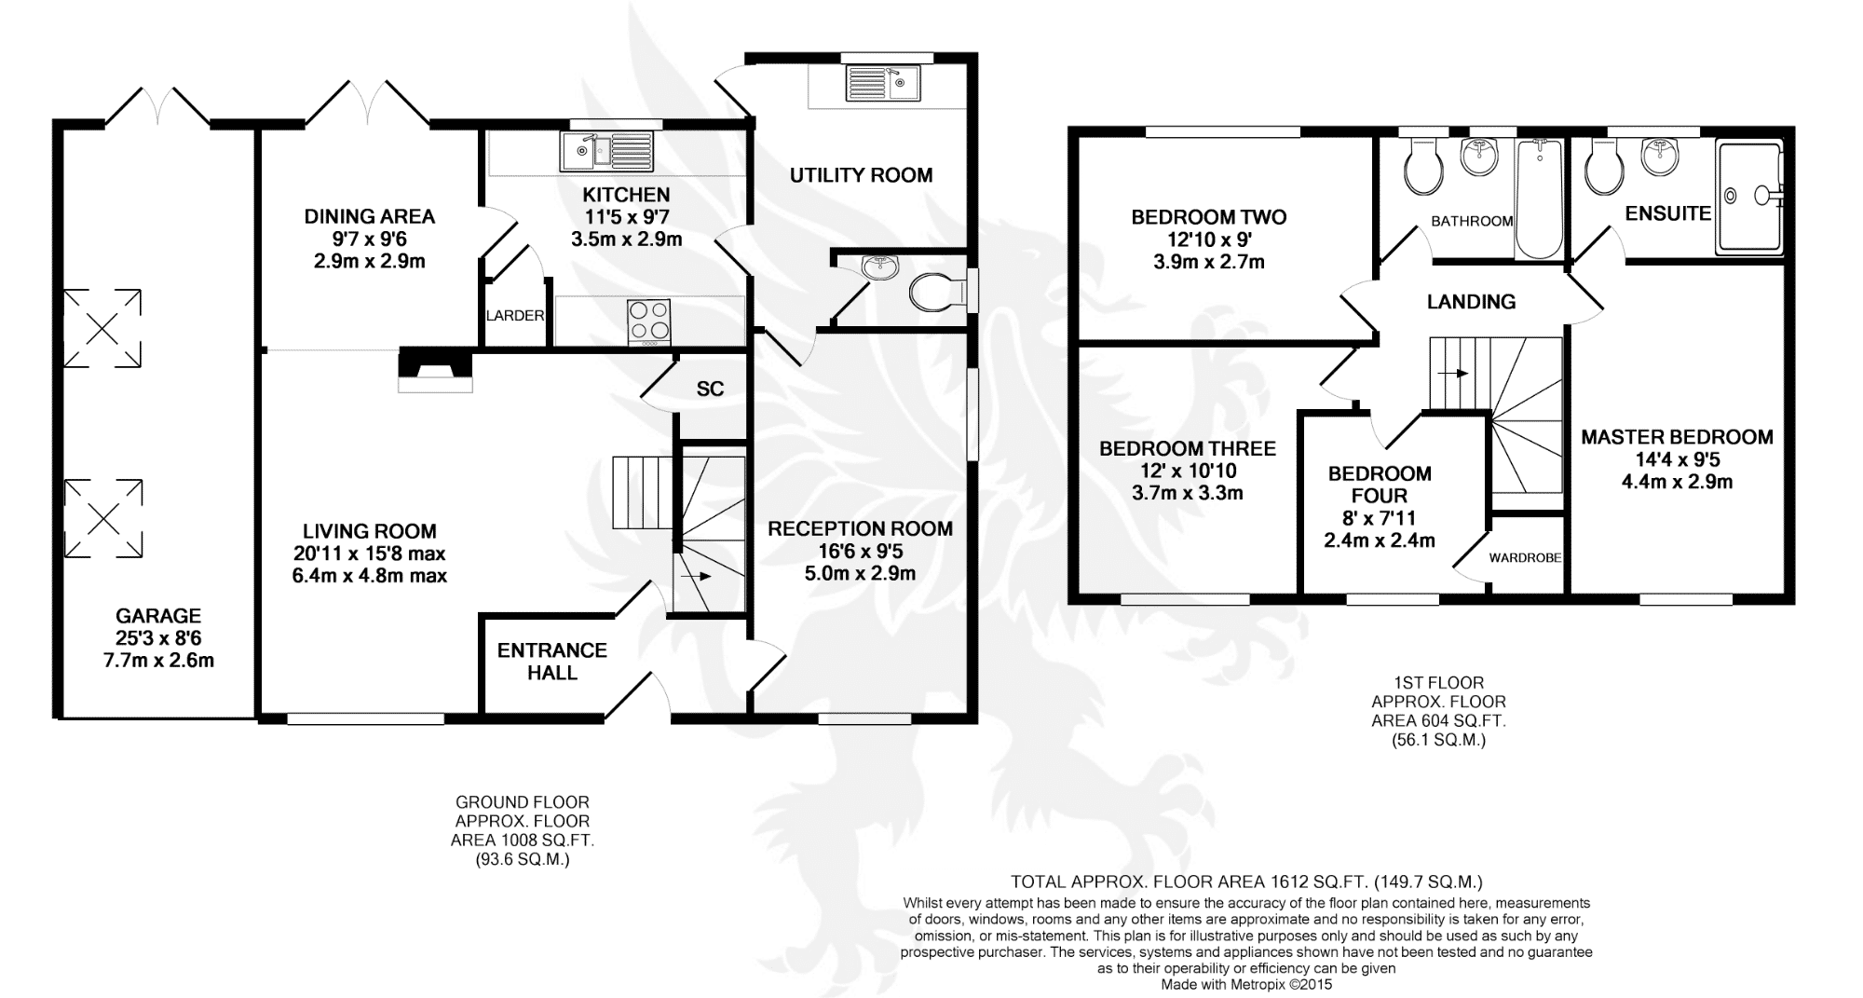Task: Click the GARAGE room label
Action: [158, 616]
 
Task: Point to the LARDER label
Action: [515, 316]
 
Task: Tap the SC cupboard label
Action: [710, 389]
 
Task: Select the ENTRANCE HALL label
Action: [551, 662]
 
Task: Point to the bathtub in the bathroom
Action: [1540, 198]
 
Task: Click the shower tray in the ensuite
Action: [1749, 196]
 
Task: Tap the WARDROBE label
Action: [1525, 558]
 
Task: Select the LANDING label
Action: [1471, 302]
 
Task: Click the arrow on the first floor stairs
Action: [1453, 374]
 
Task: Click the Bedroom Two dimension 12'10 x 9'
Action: [1209, 239]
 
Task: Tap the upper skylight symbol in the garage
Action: [102, 327]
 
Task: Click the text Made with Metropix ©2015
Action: [1246, 984]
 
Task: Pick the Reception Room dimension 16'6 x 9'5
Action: [860, 552]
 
